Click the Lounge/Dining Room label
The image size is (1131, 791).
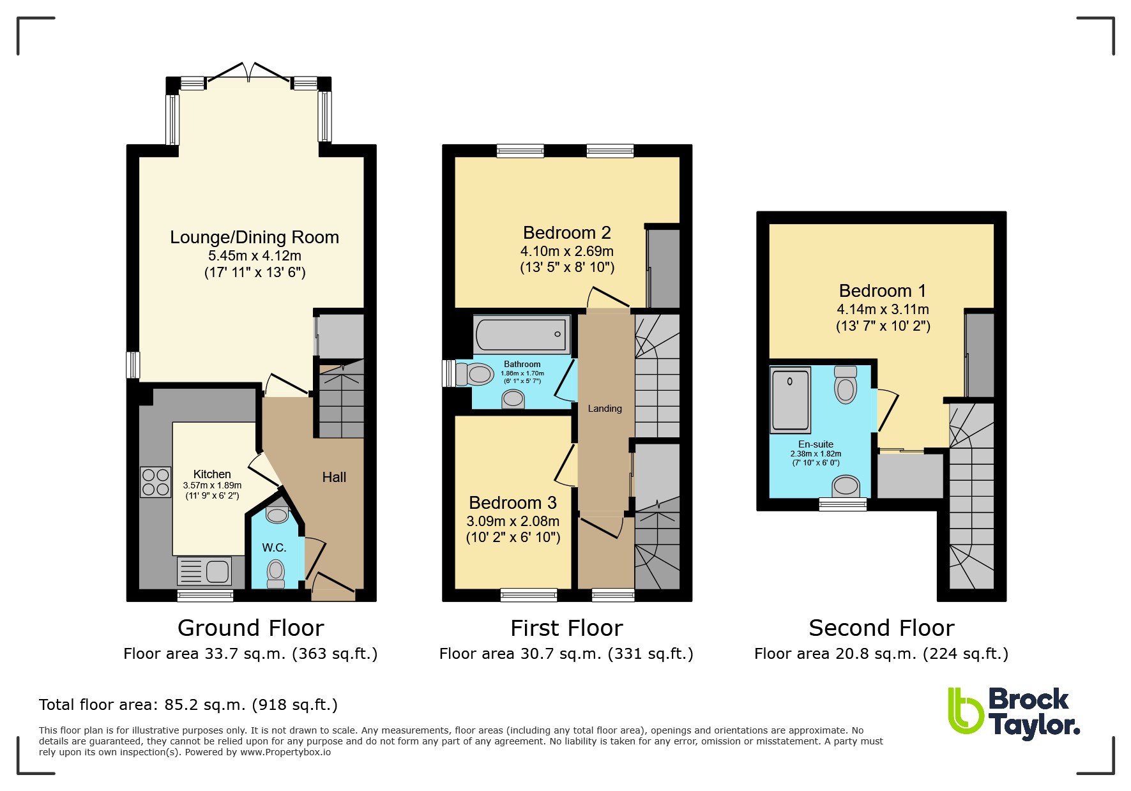254,237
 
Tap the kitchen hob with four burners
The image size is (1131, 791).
156,482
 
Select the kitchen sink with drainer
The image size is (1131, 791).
204,571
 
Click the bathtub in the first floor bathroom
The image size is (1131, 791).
522,334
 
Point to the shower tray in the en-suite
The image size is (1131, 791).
791,400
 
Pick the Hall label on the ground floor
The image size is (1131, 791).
334,478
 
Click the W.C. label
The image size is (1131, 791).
274,548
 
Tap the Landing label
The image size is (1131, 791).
605,409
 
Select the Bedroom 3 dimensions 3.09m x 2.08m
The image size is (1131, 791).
513,522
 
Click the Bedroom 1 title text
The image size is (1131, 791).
883,291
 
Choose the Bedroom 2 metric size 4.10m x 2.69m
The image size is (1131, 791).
567,252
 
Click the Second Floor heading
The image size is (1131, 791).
881,628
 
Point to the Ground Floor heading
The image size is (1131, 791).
251,628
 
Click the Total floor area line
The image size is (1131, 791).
188,705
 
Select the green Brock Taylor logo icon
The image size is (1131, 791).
965,710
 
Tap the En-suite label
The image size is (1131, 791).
816,444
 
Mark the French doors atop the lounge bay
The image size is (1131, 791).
249,72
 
